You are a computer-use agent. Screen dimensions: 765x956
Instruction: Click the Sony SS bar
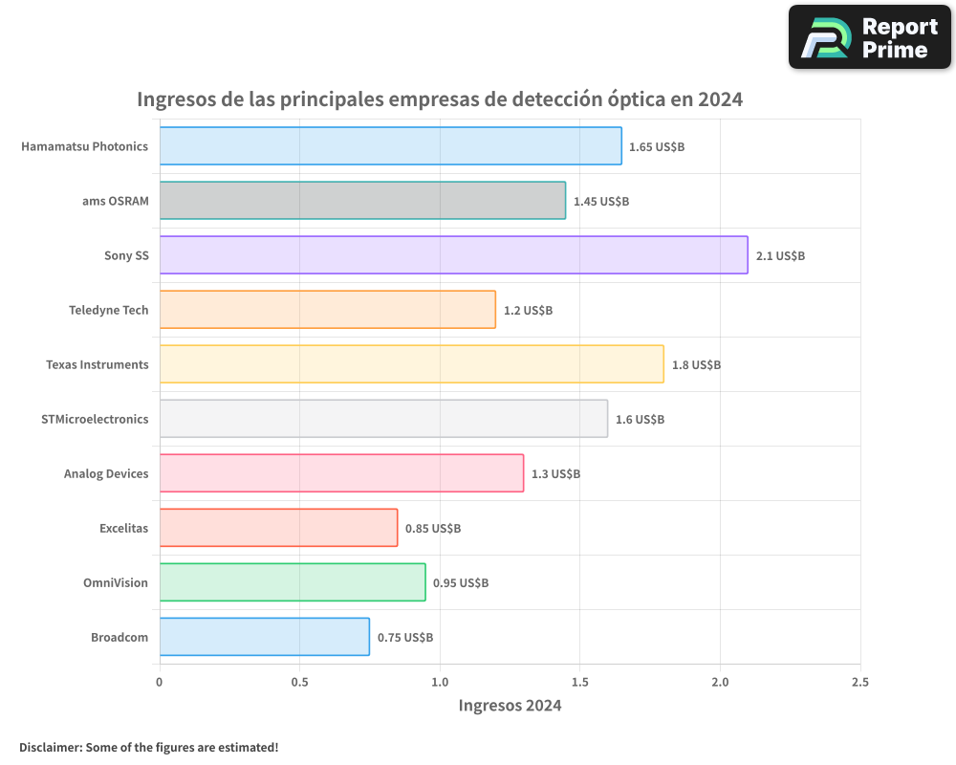click(453, 255)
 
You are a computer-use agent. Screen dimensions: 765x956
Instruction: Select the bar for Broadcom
click(264, 637)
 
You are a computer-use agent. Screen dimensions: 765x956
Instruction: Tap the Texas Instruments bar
click(411, 364)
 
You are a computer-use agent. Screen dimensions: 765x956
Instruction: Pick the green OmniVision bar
click(292, 582)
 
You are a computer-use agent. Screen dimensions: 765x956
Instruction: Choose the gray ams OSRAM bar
click(362, 201)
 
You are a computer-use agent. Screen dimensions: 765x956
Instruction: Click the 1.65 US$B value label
click(657, 146)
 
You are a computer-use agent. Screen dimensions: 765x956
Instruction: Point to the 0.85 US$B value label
click(433, 528)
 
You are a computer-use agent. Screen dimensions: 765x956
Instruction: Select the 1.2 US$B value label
click(528, 311)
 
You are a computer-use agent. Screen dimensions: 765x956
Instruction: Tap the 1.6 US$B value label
click(640, 419)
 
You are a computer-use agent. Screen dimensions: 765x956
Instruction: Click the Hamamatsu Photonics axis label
click(85, 146)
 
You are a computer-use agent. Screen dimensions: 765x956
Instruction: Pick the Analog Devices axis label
click(106, 473)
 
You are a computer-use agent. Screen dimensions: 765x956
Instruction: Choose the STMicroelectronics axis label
click(95, 419)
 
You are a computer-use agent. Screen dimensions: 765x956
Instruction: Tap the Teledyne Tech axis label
click(109, 310)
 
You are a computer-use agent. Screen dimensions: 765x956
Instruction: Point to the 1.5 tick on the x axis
click(579, 682)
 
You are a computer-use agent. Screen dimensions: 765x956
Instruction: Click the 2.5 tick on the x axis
click(859, 682)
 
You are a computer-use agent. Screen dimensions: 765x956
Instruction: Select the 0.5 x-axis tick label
click(299, 682)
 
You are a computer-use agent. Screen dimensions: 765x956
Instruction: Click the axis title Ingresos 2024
click(510, 706)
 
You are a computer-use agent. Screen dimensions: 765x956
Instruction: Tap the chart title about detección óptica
click(440, 99)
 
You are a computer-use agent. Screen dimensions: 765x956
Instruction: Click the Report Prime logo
click(869, 37)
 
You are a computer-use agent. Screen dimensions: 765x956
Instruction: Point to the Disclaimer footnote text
click(148, 747)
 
